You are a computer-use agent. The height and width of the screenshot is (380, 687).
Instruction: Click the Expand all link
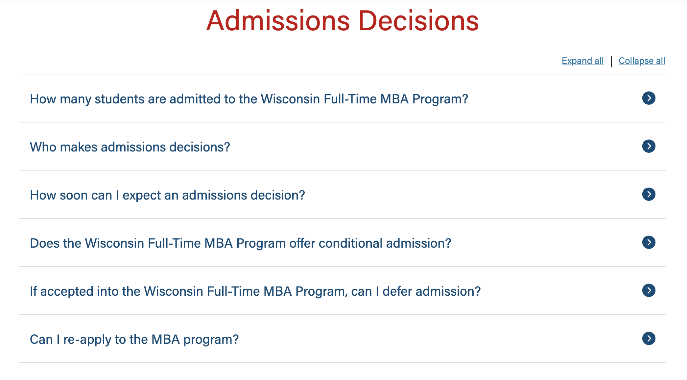(582, 61)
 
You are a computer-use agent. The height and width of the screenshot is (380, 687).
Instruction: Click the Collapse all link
(642, 61)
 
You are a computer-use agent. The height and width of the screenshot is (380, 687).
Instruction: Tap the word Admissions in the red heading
(278, 21)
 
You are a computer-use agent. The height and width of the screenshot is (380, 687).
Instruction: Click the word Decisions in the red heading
(418, 21)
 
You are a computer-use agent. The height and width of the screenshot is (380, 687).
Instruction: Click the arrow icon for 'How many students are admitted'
(649, 98)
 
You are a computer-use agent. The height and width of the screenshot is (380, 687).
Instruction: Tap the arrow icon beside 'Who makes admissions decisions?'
(649, 146)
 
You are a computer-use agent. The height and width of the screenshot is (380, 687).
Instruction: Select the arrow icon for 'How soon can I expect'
(649, 194)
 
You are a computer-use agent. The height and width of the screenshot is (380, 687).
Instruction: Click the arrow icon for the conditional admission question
(649, 242)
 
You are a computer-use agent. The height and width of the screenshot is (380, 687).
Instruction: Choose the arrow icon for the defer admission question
(649, 290)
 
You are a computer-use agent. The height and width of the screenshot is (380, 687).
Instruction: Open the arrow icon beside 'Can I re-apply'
(649, 339)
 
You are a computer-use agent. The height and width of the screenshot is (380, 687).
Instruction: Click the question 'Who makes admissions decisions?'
(130, 147)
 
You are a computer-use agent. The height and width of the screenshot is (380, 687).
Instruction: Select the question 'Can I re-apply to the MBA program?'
(134, 339)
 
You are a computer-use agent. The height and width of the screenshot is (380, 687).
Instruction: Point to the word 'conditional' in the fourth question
(350, 243)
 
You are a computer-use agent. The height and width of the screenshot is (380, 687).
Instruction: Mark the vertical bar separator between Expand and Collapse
(611, 62)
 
